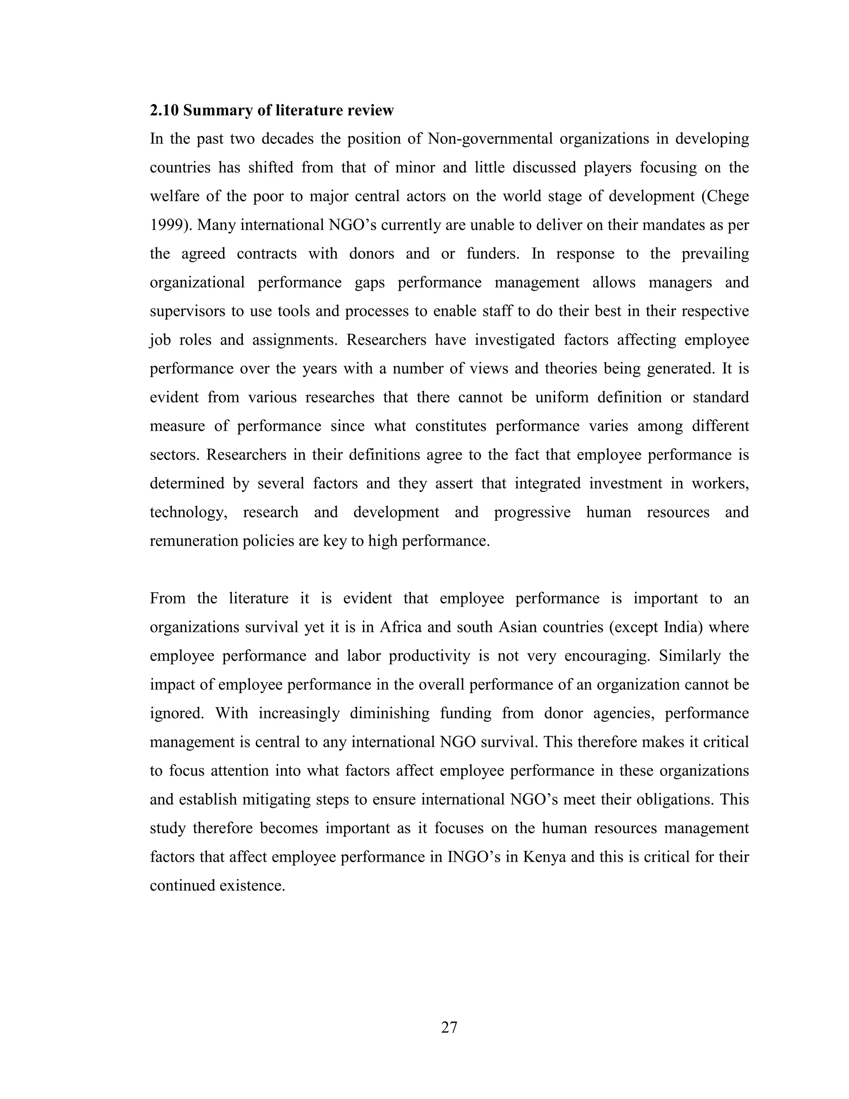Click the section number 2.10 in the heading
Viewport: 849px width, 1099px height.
(164, 110)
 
